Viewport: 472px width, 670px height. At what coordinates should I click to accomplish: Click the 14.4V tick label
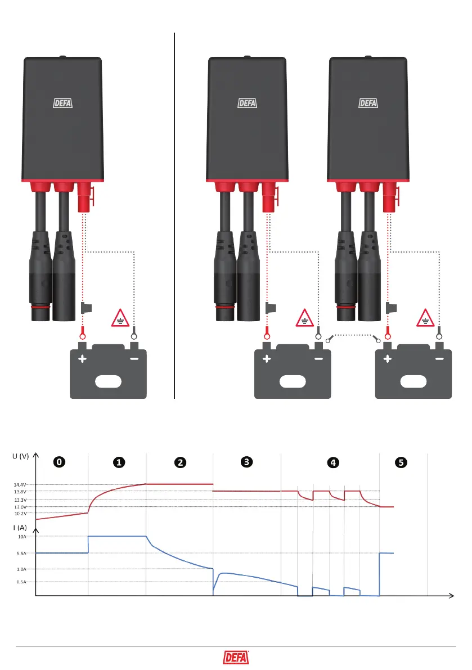[20, 484]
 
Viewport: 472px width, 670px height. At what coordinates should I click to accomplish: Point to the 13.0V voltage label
[20, 507]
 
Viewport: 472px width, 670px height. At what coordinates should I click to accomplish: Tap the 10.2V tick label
[20, 513]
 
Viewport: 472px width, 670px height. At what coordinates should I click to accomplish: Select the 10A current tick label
[21, 537]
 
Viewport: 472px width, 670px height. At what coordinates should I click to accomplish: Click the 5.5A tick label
[21, 553]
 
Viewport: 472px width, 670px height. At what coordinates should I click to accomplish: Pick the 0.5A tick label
[21, 582]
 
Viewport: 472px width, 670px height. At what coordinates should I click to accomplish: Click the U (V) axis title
[20, 456]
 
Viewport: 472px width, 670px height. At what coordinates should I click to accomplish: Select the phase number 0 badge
[59, 462]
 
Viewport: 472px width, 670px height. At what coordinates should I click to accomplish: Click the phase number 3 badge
[246, 462]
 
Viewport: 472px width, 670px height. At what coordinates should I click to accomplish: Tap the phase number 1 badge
[119, 462]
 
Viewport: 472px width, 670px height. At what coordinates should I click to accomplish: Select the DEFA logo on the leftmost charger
[63, 103]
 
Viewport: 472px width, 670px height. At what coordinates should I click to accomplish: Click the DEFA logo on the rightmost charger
[368, 103]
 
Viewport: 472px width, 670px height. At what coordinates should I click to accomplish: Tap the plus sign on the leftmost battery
[82, 358]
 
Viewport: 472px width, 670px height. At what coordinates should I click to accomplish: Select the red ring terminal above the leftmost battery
[82, 331]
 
